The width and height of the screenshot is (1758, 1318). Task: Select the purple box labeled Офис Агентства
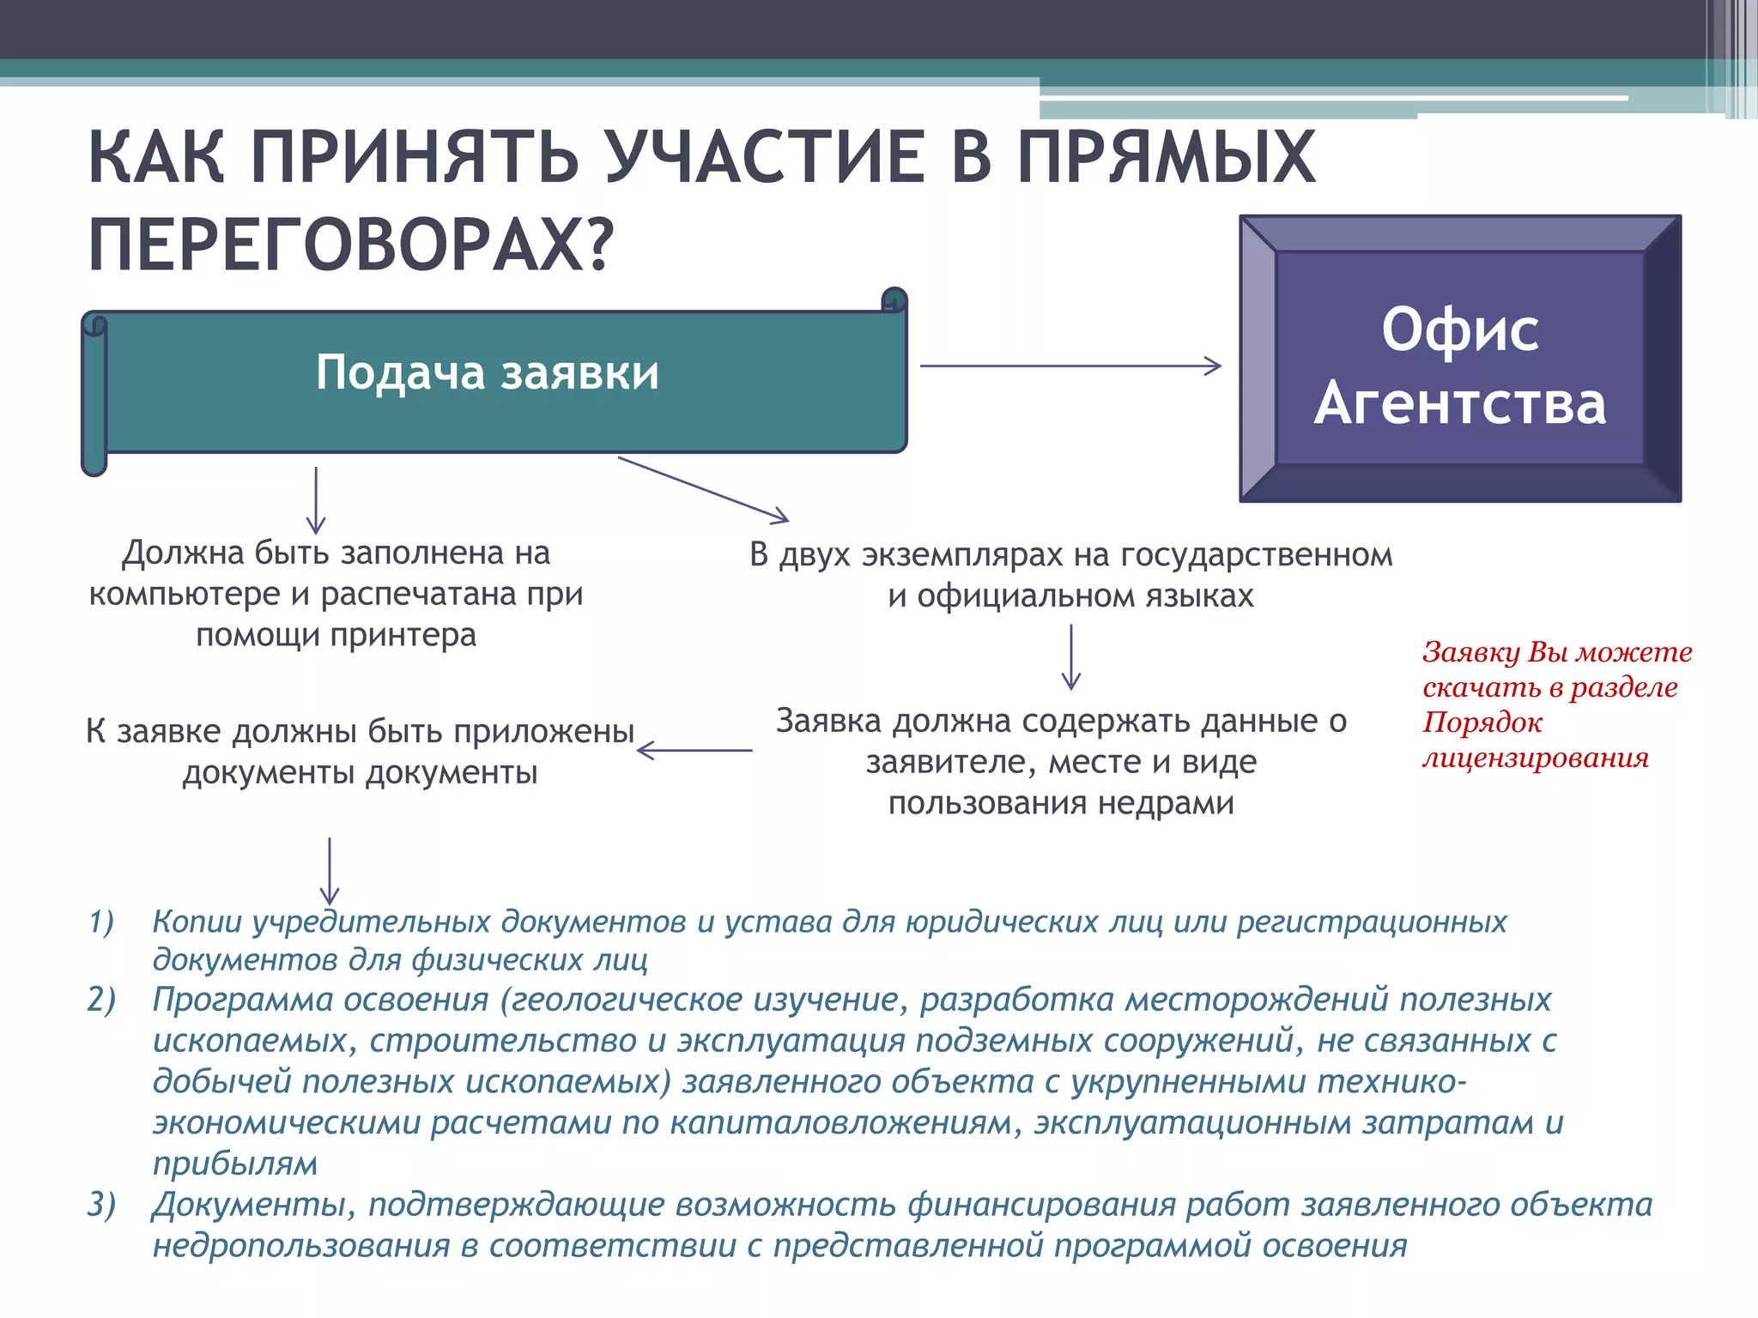pyautogui.click(x=1459, y=359)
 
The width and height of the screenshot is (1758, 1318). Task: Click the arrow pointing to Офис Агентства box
pyautogui.click(x=1070, y=366)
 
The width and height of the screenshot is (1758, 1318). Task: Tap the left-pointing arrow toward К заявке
pyautogui.click(x=694, y=751)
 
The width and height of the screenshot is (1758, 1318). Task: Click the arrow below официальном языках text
pyautogui.click(x=1070, y=656)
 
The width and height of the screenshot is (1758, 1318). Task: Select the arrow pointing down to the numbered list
pyautogui.click(x=330, y=870)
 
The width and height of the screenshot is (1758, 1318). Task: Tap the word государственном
pyautogui.click(x=1256, y=555)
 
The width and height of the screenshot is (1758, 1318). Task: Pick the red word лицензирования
pyautogui.click(x=1536, y=759)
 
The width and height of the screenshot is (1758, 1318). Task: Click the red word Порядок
pyautogui.click(x=1482, y=722)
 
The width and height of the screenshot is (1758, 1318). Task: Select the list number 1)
pyautogui.click(x=101, y=922)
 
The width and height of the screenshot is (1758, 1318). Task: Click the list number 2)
pyautogui.click(x=101, y=1001)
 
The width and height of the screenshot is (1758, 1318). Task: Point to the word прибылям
pyautogui.click(x=235, y=1164)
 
